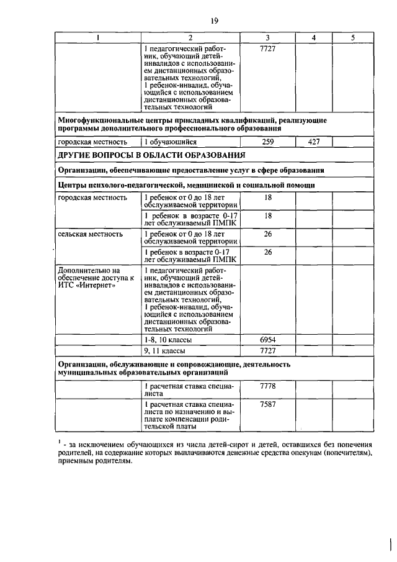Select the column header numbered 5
point(352,38)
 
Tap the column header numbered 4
point(313,38)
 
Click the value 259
point(268,142)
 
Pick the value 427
point(313,142)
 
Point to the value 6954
point(268,341)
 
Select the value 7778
point(268,386)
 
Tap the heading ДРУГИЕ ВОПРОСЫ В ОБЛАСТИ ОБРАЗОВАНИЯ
point(151,155)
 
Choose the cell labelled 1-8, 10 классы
point(168,341)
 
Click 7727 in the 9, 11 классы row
point(268,351)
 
